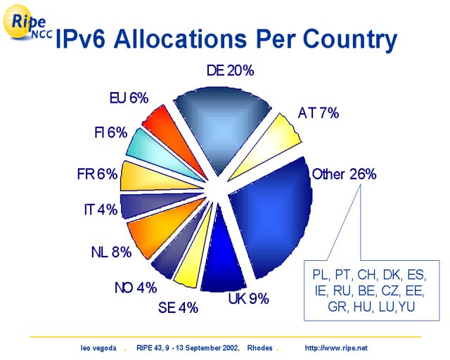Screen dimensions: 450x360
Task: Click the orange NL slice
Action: pyautogui.click(x=161, y=227)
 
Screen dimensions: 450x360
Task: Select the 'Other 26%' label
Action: pyautogui.click(x=344, y=174)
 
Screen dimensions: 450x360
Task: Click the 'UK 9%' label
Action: pyautogui.click(x=248, y=299)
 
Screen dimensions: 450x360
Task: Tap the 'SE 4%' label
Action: pyautogui.click(x=178, y=308)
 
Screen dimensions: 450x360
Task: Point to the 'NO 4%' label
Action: pyautogui.click(x=136, y=288)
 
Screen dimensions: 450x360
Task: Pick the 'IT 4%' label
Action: pyautogui.click(x=101, y=210)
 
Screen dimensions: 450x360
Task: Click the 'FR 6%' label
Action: pyautogui.click(x=97, y=174)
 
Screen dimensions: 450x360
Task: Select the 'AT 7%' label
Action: pyautogui.click(x=319, y=112)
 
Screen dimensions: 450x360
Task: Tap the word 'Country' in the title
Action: pyautogui.click(x=350, y=39)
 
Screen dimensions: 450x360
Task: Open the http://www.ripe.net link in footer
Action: pyautogui.click(x=336, y=348)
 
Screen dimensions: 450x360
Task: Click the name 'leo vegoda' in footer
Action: pyautogui.click(x=98, y=348)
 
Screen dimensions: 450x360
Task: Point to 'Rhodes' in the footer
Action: pyautogui.click(x=259, y=348)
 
